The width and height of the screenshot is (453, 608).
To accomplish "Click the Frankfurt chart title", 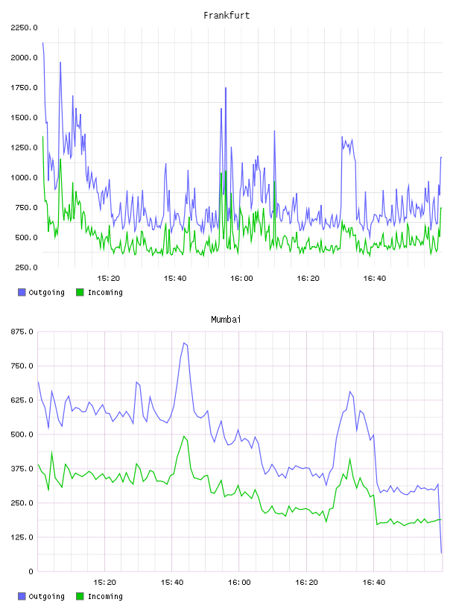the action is pos(226,15).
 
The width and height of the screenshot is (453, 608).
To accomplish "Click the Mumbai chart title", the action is pos(226,319).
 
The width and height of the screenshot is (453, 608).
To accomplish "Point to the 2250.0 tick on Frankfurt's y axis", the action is pos(24,28).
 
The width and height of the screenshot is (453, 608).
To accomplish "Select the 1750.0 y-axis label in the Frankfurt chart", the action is pos(24,88).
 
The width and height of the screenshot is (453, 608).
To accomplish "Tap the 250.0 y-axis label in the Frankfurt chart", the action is pos(26,267).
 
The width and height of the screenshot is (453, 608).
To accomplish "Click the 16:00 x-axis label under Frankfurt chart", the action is pos(241,278).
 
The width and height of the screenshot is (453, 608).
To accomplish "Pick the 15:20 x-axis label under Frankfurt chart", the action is pos(108,278).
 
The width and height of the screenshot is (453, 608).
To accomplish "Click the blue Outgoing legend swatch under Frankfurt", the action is pos(22,292).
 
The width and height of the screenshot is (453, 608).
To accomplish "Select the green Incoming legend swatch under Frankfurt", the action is pos(80,292).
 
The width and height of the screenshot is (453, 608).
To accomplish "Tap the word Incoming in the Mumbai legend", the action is pos(105,596).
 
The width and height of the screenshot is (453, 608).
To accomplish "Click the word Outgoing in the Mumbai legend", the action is pos(46,596).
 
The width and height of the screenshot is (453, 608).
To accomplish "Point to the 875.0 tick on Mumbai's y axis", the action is pos(22,332).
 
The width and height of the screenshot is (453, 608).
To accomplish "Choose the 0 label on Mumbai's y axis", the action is pos(31,571).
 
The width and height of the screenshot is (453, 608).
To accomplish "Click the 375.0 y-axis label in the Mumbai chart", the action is pos(22,469).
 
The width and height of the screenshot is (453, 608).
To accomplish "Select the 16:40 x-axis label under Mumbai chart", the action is pos(374,582).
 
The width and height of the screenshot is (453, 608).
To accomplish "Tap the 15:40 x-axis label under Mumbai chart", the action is pos(172,582).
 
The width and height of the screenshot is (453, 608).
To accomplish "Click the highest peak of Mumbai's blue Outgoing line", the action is pos(184,343).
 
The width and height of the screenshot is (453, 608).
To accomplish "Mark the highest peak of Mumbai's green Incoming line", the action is pos(184,436).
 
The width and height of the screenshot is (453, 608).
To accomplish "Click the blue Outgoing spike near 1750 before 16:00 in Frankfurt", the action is pos(226,89).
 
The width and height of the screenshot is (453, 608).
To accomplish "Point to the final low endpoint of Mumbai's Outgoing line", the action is pos(441,553).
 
